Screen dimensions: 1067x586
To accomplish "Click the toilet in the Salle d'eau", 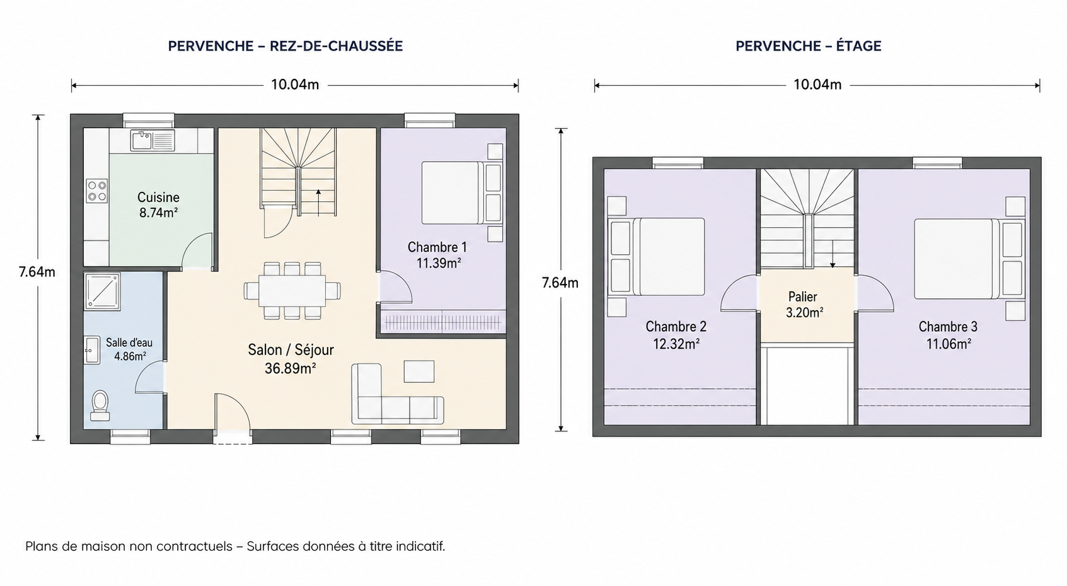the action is click(100, 406).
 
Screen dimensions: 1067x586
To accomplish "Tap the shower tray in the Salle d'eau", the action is click(102, 290).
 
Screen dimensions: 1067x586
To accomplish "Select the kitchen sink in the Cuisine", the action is click(153, 139).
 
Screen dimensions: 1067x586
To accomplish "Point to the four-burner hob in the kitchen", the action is click(96, 190).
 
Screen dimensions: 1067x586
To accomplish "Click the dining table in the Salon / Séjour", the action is click(292, 290).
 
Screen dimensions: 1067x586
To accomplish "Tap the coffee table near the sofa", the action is click(418, 372).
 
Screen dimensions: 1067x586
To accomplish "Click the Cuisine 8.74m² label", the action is click(158, 204).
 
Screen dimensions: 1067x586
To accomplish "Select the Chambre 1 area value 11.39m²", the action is click(438, 263).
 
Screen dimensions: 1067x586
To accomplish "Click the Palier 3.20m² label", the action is click(804, 305).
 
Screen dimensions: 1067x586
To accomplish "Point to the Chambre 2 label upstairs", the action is click(676, 327).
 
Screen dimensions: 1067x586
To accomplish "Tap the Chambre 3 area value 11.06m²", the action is click(949, 344).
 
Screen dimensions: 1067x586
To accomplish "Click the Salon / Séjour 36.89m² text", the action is click(291, 358).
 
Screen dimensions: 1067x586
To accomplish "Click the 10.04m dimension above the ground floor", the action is click(295, 85).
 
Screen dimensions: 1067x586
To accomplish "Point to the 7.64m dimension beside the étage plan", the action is click(560, 283).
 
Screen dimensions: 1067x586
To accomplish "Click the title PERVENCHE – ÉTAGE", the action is click(809, 46).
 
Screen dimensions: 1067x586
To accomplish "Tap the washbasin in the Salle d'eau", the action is click(92, 351).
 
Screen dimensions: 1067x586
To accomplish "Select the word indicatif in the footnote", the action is click(420, 546).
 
